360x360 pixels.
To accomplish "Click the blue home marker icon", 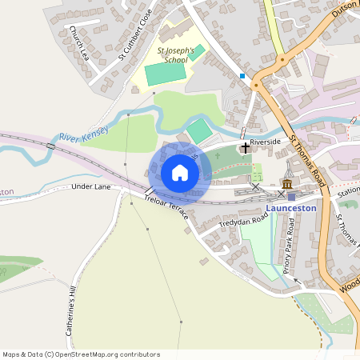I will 180,173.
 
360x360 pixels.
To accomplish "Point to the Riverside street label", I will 265,142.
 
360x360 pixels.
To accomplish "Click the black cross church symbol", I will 245,148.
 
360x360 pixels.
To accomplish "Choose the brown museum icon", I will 286,185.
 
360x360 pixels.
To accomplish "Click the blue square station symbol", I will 291,197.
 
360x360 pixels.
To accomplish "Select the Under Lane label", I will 90,186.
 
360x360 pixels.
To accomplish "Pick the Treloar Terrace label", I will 166,209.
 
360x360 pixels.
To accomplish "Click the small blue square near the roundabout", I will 242,76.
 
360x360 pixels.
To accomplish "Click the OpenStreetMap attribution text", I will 81,354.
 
